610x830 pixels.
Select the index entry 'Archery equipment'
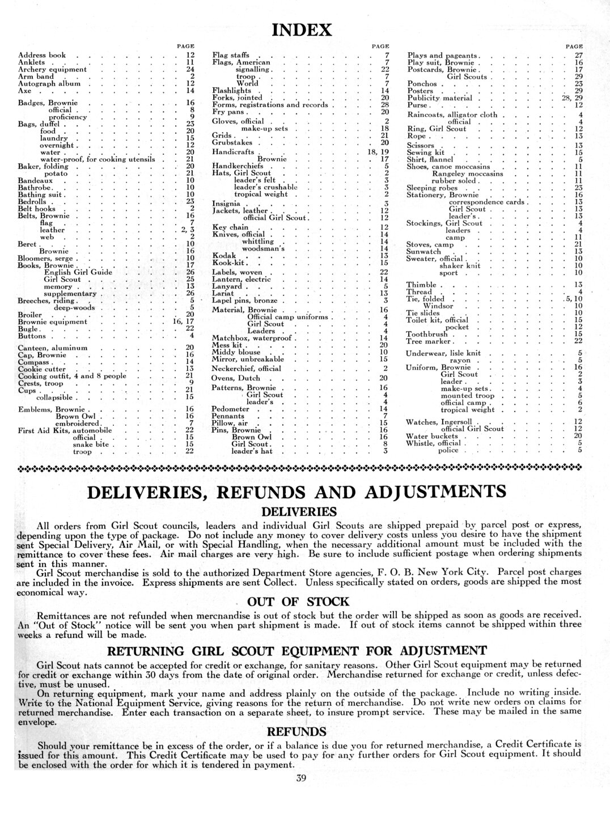click(x=53, y=69)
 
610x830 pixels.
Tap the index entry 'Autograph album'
click(x=49, y=83)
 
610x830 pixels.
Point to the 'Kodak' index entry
click(x=223, y=256)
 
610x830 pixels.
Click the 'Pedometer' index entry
click(x=230, y=409)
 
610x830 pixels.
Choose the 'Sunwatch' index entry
click(x=423, y=251)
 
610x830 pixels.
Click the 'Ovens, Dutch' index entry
click(x=236, y=378)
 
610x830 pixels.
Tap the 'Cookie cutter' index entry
click(x=42, y=369)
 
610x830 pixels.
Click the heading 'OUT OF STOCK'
click(x=299, y=602)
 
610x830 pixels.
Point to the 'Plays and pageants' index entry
click(x=444, y=56)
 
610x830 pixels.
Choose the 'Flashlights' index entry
click(x=231, y=90)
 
